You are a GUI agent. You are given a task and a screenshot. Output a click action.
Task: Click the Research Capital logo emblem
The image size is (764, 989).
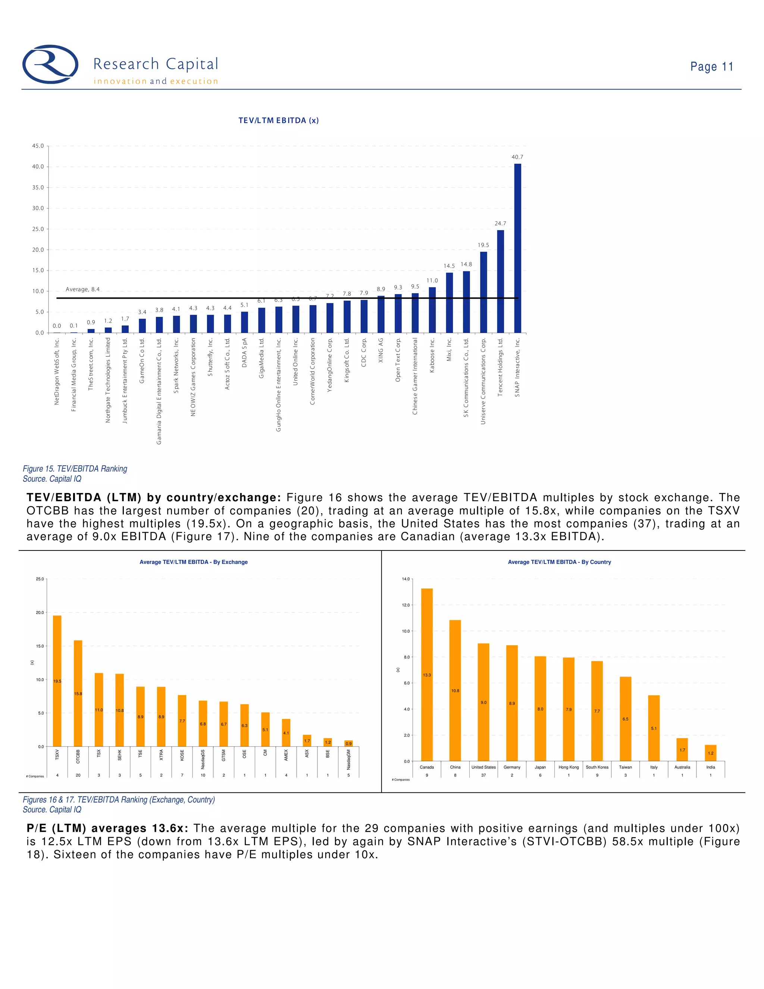point(50,64)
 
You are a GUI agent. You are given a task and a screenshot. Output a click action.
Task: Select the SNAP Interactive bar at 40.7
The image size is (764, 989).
point(517,248)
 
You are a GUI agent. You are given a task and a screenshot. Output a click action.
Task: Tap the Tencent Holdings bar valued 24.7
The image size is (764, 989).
point(500,281)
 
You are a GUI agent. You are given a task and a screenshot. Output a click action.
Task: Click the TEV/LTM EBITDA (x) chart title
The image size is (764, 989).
point(278,121)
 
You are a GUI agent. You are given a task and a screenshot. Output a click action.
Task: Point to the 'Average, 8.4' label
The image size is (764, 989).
point(82,289)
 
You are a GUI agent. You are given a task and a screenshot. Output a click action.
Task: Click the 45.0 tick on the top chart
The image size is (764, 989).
point(38,146)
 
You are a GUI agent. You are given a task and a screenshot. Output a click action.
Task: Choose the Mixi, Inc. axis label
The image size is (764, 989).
point(450,350)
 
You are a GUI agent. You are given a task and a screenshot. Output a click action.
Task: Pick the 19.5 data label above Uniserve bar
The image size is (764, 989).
point(483,245)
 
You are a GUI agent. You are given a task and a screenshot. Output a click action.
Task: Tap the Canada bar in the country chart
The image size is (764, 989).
point(427,675)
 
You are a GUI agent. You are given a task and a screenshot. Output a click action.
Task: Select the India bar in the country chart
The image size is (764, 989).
point(711,753)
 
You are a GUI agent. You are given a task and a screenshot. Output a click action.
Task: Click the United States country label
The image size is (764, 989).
point(483,767)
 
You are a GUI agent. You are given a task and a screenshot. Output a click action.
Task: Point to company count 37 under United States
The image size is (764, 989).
point(483,775)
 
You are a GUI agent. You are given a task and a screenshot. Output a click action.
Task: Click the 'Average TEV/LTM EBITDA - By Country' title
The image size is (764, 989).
point(559,562)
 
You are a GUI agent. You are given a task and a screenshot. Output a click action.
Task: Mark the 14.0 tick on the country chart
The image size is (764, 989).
point(406,579)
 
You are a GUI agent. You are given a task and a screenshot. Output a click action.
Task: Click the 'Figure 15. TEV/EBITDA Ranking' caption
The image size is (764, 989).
point(75,469)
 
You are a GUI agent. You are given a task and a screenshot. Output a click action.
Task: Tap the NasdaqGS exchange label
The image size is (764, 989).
point(203,759)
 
